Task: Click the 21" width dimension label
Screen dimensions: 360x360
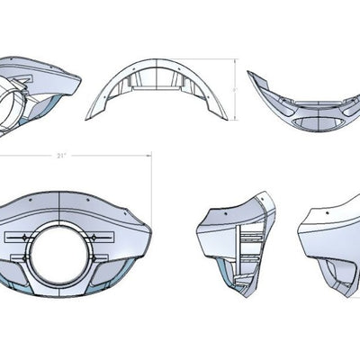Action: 60,156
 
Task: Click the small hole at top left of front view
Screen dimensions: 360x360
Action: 29,197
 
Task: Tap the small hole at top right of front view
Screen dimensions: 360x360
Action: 93,197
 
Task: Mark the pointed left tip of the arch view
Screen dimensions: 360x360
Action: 87,118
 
